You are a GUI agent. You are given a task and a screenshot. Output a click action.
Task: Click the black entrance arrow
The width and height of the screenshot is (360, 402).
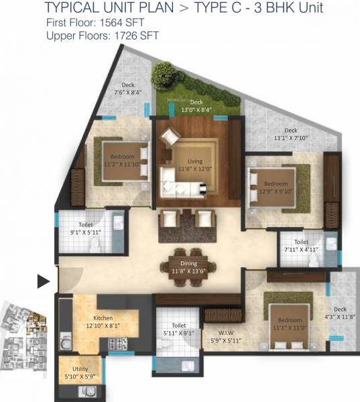coord(44,281)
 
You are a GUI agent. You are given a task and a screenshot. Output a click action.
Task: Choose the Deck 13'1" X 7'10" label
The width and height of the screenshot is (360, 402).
coord(290,135)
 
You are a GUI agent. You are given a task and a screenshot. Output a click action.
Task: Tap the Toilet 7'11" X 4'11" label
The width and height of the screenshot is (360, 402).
coord(300,247)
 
